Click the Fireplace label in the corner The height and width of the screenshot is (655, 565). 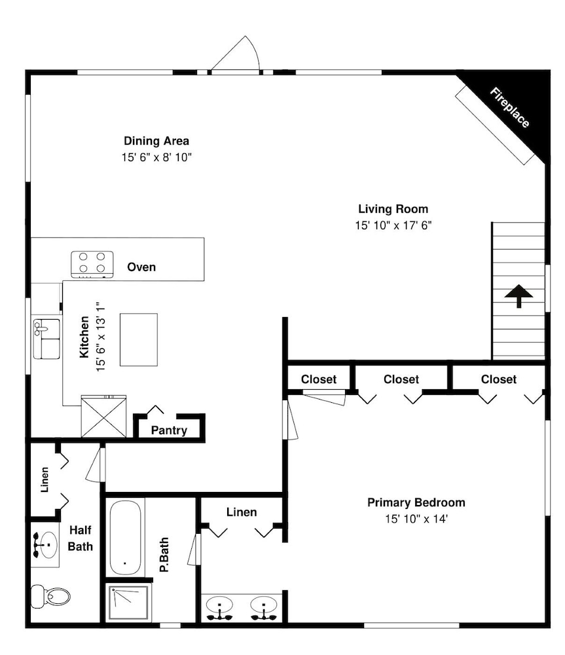pyautogui.click(x=509, y=107)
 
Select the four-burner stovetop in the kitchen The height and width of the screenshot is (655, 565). pyautogui.click(x=92, y=264)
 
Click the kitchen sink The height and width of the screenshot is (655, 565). pyautogui.click(x=46, y=339)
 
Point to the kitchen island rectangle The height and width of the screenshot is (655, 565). pyautogui.click(x=139, y=339)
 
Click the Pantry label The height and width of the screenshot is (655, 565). pyautogui.click(x=169, y=430)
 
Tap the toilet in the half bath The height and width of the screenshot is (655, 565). pyautogui.click(x=50, y=596)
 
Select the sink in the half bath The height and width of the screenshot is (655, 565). pyautogui.click(x=46, y=545)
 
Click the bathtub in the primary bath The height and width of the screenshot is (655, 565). pyautogui.click(x=125, y=538)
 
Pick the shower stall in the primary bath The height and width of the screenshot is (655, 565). pyautogui.click(x=128, y=603)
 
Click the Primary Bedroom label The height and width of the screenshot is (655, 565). pyautogui.click(x=416, y=502)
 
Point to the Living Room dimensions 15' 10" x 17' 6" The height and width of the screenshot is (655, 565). pyautogui.click(x=393, y=225)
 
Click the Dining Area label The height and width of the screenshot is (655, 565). pyautogui.click(x=156, y=141)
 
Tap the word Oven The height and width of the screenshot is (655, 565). pyautogui.click(x=141, y=267)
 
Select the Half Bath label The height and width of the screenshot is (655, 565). pyautogui.click(x=80, y=538)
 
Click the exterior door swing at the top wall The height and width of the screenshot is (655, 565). pyautogui.click(x=236, y=54)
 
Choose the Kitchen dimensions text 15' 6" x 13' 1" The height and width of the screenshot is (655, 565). pyautogui.click(x=100, y=337)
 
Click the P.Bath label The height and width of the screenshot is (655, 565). pyautogui.click(x=164, y=555)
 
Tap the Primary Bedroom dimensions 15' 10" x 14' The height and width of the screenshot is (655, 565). pyautogui.click(x=416, y=519)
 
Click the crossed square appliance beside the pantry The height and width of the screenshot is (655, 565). pyautogui.click(x=103, y=417)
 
